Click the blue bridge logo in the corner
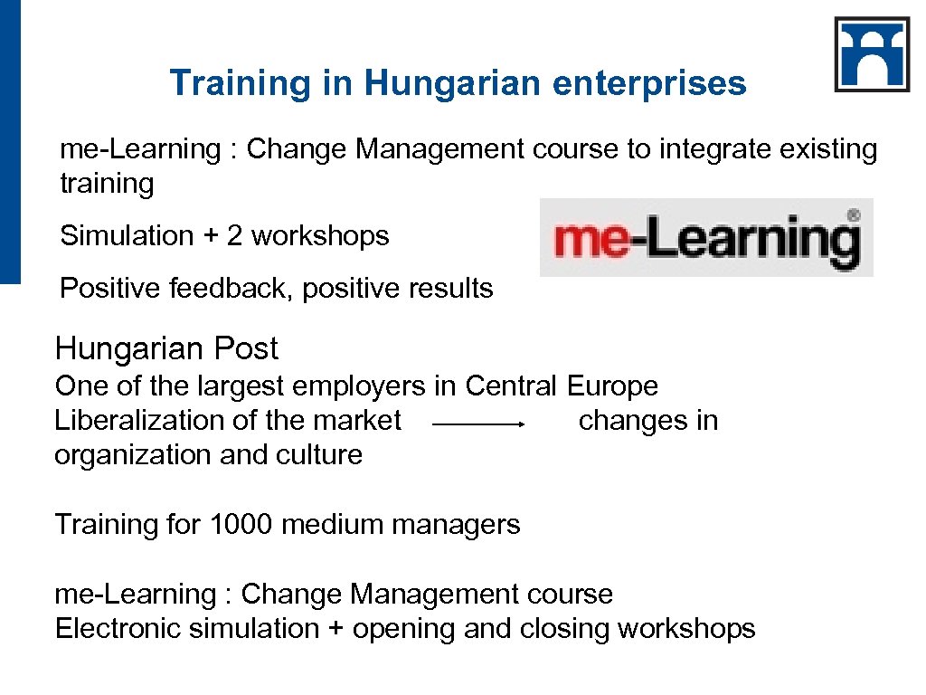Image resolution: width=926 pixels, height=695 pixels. tap(872, 54)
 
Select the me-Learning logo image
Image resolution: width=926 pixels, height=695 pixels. tap(705, 237)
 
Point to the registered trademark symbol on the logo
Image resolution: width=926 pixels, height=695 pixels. tap(852, 216)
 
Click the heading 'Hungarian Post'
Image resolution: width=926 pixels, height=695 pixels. tap(166, 348)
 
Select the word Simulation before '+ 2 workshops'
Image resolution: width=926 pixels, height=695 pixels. tap(127, 236)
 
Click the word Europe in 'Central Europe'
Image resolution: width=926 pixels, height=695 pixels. tap(612, 386)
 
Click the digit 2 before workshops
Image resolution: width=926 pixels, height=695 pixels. tap(234, 236)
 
